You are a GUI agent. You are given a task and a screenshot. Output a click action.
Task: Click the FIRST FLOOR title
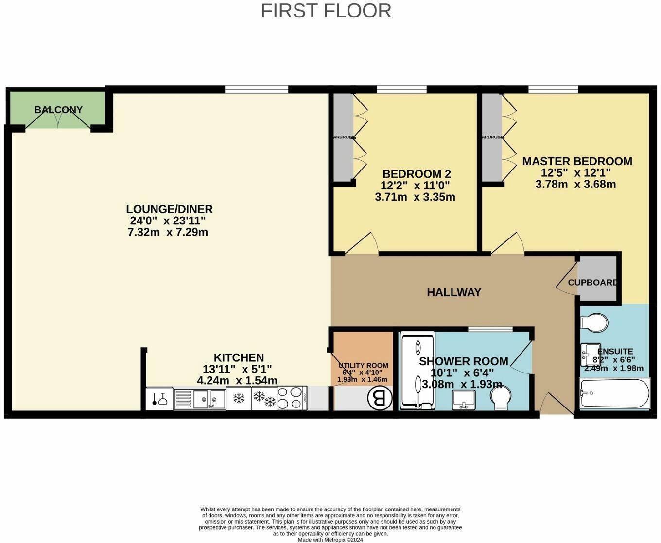(x=326, y=11)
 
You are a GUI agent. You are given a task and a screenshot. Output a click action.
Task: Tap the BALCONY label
(x=58, y=110)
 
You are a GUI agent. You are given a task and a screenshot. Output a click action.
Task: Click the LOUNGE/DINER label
(x=169, y=209)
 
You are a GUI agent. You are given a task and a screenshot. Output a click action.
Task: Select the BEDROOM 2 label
(x=417, y=174)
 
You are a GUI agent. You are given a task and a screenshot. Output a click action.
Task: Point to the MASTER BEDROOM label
(x=577, y=161)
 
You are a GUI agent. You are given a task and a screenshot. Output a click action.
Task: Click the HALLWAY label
(x=454, y=292)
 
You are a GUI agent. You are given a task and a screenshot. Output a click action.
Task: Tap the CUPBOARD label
(x=593, y=282)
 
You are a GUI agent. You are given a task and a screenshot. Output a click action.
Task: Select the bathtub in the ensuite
(x=614, y=393)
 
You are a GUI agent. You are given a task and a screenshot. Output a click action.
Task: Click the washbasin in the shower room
(x=464, y=399)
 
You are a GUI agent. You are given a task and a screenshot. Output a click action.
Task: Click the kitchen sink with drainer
(x=200, y=399)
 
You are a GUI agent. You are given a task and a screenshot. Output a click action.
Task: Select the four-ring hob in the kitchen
(x=292, y=398)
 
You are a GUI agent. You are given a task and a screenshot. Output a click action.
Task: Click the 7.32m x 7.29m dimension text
(x=168, y=232)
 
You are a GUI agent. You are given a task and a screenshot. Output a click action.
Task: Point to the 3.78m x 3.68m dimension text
(x=575, y=185)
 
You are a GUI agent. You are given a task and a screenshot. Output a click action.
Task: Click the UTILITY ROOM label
(x=363, y=366)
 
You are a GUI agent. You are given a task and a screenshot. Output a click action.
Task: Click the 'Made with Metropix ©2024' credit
(x=330, y=539)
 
